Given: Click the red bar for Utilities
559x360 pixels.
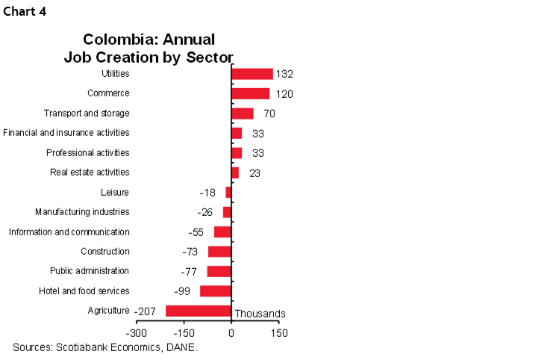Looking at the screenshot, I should coord(252,74).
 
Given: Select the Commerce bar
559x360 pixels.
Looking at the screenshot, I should coord(251,93).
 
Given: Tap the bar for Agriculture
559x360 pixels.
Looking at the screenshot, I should coord(199,311).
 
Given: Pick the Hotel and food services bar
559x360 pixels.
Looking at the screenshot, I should coord(216,291).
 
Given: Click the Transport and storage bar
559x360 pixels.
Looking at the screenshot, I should coord(243,114).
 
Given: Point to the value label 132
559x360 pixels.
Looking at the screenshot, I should coord(284,74).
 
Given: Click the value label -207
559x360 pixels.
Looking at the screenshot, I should coord(145,311).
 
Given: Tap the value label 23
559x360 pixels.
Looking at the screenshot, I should coord(254,173).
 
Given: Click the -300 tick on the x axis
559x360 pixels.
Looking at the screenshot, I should coord(137,332).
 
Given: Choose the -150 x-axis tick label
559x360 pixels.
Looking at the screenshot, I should coord(184,332).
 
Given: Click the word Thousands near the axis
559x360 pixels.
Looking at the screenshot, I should coord(260,314).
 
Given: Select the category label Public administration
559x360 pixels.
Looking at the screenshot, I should coord(90,271).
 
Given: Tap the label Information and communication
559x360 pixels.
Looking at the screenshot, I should coord(69,232).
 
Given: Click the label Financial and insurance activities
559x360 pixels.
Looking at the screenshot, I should coord(66,133).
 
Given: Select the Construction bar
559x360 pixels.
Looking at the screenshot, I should coord(219,252).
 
